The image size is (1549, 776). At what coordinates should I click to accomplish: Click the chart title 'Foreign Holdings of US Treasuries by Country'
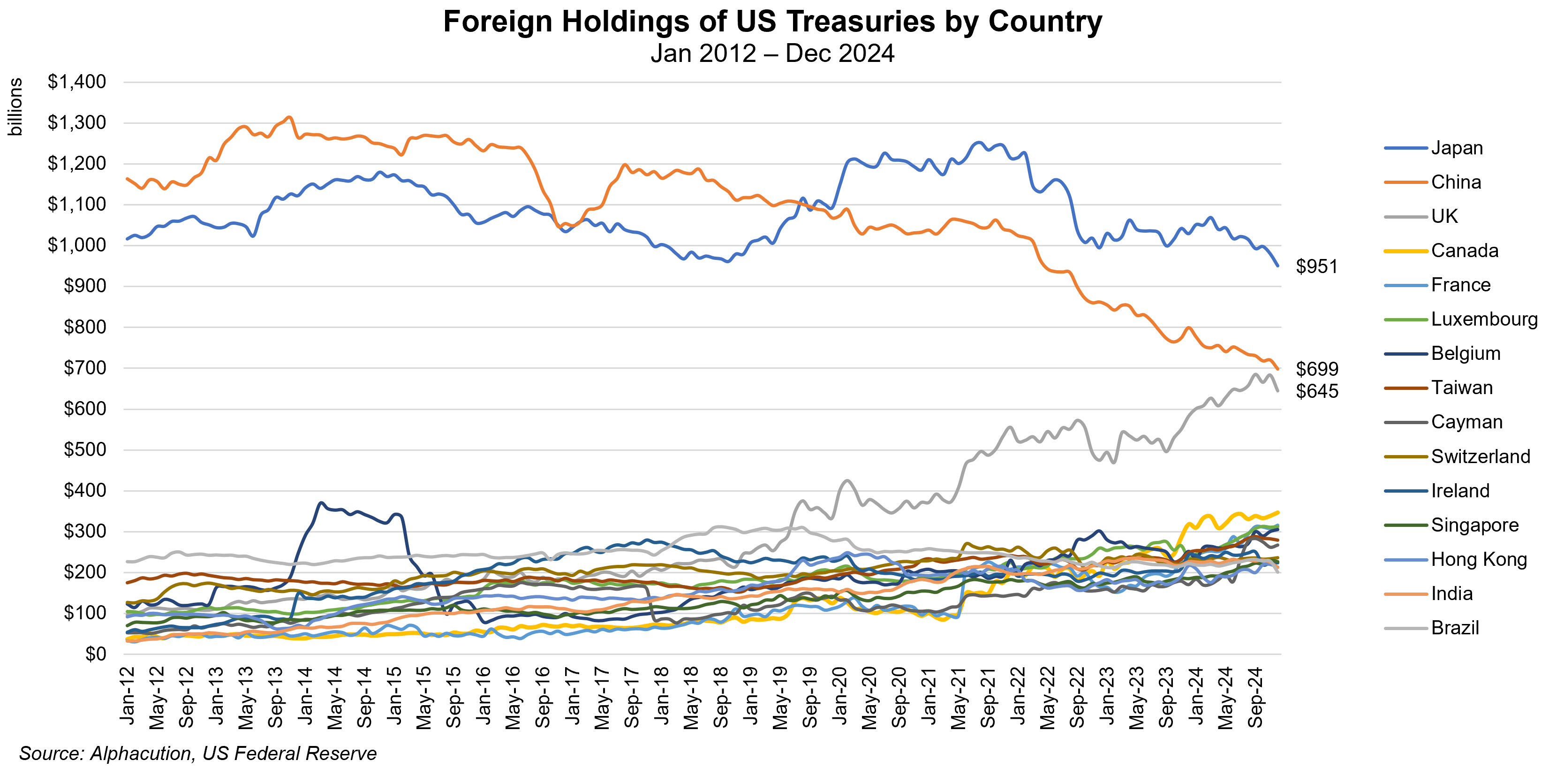coord(773,22)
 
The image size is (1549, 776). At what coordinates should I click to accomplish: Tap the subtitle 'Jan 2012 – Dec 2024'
coord(773,53)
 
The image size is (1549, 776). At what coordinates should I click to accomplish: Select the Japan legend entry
coord(1457,148)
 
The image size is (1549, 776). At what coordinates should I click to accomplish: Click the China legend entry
coord(1455,182)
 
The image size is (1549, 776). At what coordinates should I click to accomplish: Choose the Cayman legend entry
coord(1466,422)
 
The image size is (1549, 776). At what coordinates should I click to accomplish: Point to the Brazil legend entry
coord(1455,628)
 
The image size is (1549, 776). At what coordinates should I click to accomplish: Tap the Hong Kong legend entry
coord(1478,559)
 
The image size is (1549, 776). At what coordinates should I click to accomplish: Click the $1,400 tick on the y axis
coord(77,82)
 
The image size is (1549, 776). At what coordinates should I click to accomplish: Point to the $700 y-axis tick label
coord(85,368)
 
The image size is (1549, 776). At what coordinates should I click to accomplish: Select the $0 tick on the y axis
coord(96,654)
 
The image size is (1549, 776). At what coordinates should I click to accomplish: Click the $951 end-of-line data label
coord(1316,266)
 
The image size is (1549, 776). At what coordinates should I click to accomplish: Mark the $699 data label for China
coord(1317,369)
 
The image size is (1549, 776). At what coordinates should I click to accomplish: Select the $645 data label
coord(1317,392)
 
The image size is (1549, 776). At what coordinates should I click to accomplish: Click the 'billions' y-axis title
coord(15,107)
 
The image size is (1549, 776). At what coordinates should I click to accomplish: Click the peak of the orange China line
coord(289,117)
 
